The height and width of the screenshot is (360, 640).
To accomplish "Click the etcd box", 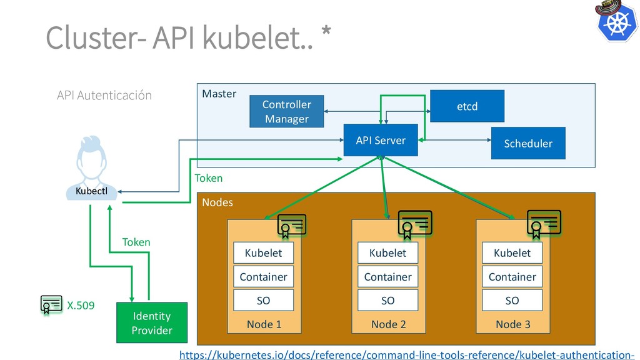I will pyautogui.click(x=467, y=106).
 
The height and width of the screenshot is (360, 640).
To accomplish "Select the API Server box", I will pyautogui.click(x=381, y=141).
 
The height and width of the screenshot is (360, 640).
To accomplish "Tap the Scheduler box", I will pyautogui.click(x=528, y=143).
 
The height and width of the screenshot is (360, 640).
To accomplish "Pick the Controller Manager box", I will pyautogui.click(x=286, y=111).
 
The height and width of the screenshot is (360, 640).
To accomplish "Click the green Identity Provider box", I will pyautogui.click(x=152, y=322).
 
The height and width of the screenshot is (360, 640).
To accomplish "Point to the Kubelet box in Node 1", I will pyautogui.click(x=263, y=253).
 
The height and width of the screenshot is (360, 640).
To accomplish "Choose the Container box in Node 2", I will pyautogui.click(x=387, y=277).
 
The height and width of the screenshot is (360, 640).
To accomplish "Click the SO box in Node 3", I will pyautogui.click(x=512, y=301).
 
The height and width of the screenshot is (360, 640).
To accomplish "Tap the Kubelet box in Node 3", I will pyautogui.click(x=512, y=253).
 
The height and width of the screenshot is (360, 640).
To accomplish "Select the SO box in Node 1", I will pyautogui.click(x=263, y=301).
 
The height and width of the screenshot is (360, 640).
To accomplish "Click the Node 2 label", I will pyautogui.click(x=388, y=324).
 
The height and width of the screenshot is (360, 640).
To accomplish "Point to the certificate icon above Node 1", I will pyautogui.click(x=292, y=226).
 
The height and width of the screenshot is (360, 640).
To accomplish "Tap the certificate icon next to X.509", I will pyautogui.click(x=51, y=304).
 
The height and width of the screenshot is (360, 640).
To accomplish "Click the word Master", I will pyautogui.click(x=219, y=94).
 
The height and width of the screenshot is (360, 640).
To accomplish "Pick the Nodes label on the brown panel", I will pyautogui.click(x=217, y=202).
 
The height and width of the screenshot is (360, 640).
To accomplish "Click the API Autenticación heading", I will pyautogui.click(x=104, y=96).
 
